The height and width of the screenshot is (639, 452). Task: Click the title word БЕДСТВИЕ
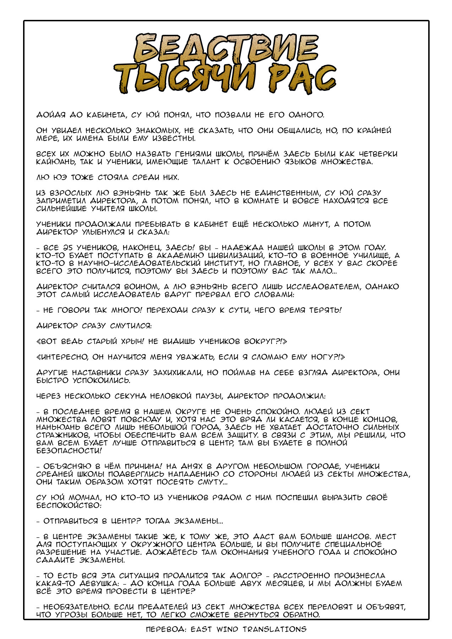(226, 50)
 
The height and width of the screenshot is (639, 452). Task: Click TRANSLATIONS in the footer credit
(274, 629)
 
